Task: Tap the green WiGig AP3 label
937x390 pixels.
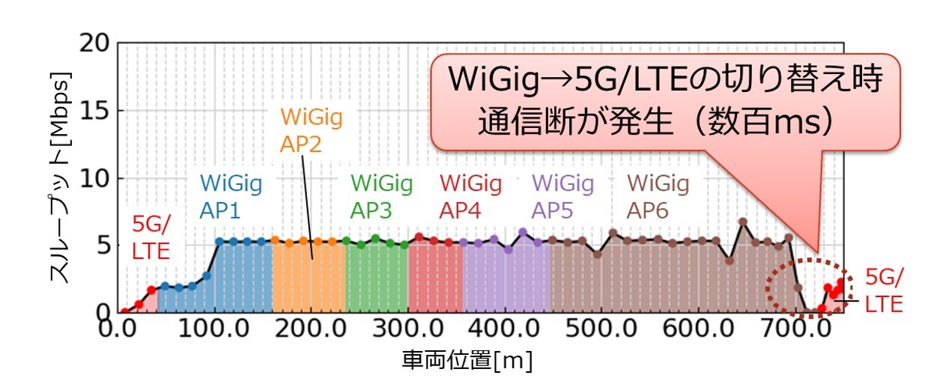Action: pos(381,196)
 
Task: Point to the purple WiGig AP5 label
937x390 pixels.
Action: pos(562,196)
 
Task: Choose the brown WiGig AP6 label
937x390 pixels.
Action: pos(658,196)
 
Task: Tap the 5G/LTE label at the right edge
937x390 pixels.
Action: pos(884,290)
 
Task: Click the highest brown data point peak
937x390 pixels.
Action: pos(742,222)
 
